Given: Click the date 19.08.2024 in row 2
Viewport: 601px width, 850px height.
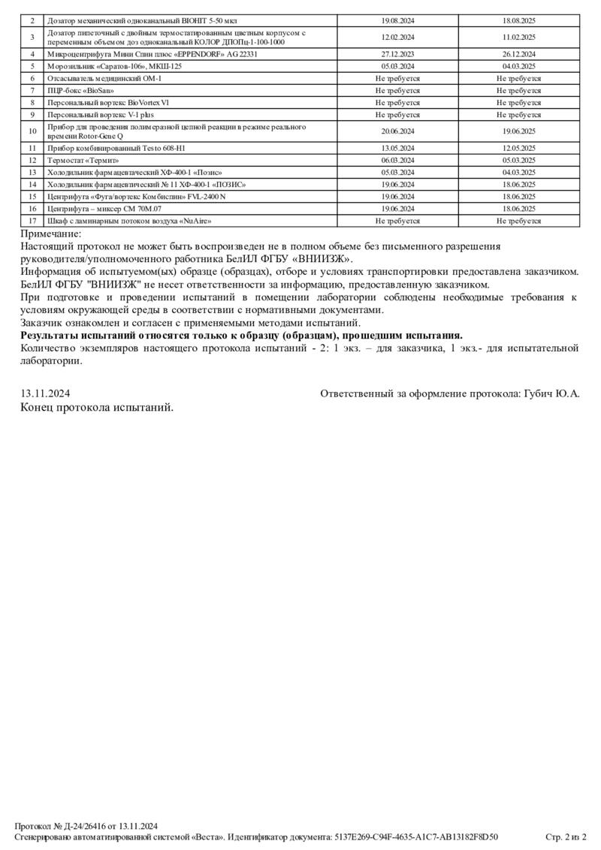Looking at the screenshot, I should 398,21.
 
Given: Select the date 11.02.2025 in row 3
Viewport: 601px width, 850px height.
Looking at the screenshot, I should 518,37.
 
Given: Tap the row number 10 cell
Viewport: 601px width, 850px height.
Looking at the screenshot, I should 32,131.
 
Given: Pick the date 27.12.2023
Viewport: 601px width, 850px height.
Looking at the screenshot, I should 398,54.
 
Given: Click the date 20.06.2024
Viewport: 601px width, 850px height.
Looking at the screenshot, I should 398,131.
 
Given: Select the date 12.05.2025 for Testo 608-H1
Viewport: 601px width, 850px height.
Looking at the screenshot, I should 518,148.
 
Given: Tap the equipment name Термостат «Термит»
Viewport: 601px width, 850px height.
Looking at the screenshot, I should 83,160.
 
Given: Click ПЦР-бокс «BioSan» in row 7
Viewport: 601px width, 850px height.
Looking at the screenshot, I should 75,90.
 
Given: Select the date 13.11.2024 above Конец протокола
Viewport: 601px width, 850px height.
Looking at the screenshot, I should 46,393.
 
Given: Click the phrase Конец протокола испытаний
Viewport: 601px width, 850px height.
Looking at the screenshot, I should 97,406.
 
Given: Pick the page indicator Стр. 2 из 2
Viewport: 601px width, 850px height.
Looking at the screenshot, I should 566,836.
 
